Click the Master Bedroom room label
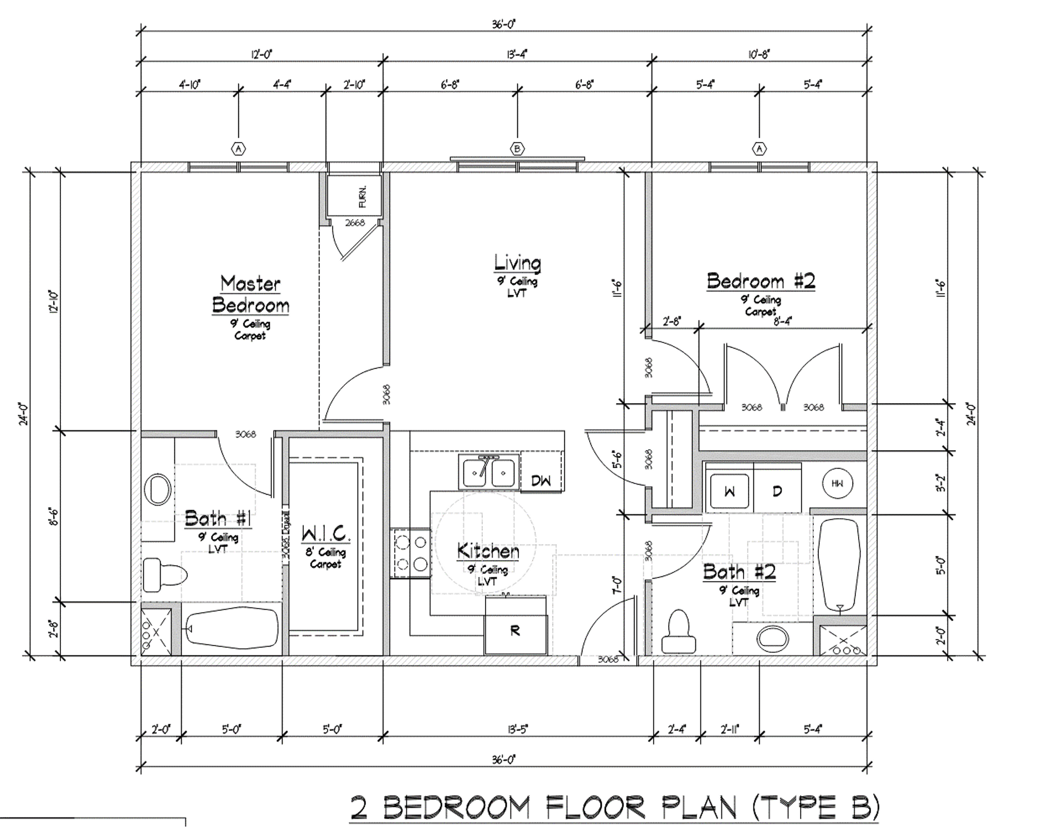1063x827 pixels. pos(250,294)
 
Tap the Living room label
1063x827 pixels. pos(517,263)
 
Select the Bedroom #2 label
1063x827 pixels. pos(761,281)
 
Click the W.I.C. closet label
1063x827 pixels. pos(326,534)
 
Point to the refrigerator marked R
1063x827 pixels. pos(515,631)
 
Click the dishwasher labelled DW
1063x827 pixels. pos(541,480)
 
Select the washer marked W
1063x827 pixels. pos(730,491)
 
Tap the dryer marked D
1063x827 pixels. pos(777,491)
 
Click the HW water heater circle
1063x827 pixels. pos(837,483)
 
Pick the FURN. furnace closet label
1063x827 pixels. pos(363,196)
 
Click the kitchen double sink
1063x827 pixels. pos(489,473)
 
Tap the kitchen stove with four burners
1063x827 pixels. pos(411,553)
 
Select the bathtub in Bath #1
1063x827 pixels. pos(231,629)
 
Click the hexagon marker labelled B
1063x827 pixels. pos(517,149)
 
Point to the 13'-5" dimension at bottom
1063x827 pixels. pos(517,730)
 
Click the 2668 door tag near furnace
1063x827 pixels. pos(355,223)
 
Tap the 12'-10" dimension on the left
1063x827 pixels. pos(54,302)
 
